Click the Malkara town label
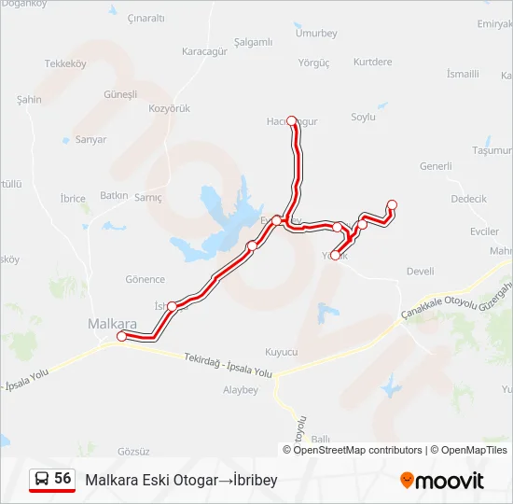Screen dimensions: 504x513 (111, 323)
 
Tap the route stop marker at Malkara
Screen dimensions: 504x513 (121, 336)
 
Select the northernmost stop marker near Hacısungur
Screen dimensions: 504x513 (292, 120)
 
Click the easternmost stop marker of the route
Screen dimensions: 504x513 (392, 204)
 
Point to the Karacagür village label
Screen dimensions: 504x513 (205, 51)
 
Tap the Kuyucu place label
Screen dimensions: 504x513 (281, 352)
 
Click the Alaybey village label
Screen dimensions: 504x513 (240, 390)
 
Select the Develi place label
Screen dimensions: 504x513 (421, 272)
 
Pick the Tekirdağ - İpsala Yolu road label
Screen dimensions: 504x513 (228, 365)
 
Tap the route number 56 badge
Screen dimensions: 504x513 (62, 478)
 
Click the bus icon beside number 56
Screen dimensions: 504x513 (41, 479)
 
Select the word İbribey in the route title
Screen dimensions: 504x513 (252, 480)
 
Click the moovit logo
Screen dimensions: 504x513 (442, 481)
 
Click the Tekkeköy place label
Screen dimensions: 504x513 (65, 64)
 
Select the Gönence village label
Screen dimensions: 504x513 (145, 279)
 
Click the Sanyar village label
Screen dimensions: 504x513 (90, 140)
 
